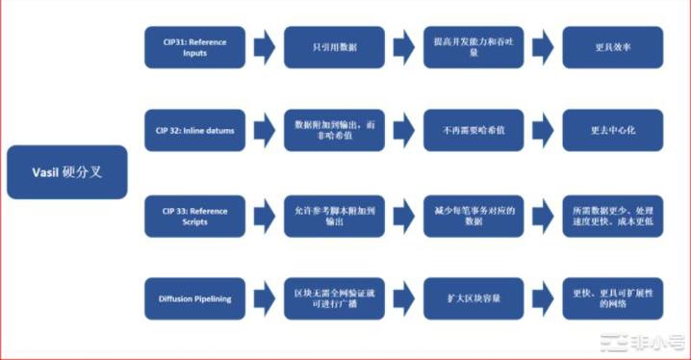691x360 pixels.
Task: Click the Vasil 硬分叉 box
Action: pos(66,172)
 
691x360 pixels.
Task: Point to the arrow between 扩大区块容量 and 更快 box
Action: pos(541,298)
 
